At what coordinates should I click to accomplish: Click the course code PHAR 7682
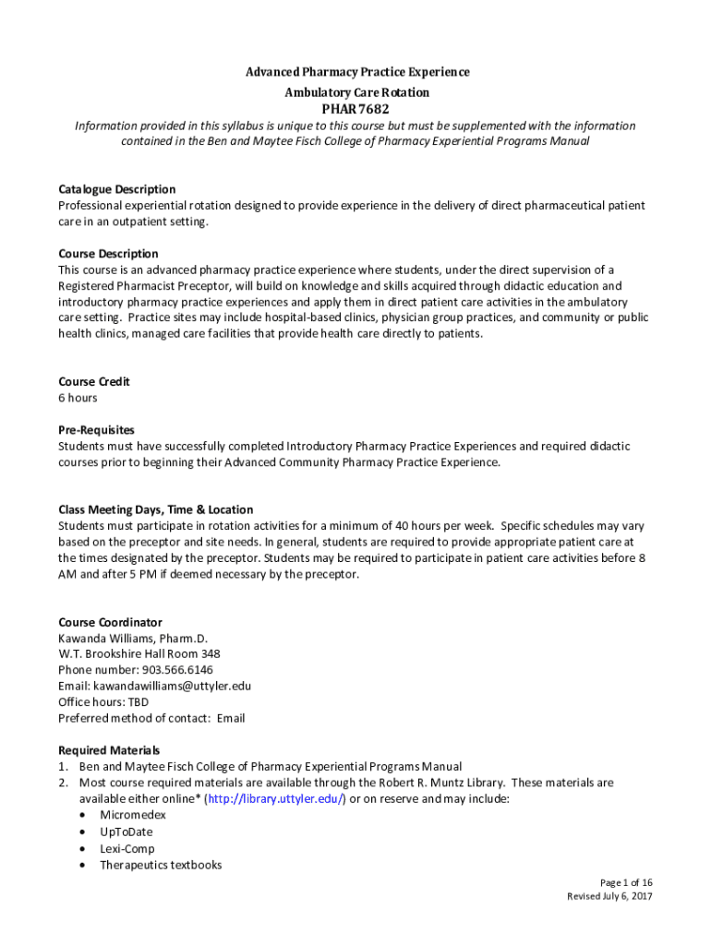pos(355,110)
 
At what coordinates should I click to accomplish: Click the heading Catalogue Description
pos(116,189)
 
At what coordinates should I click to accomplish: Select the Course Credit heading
pos(94,381)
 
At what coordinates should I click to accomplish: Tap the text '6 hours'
pos(78,398)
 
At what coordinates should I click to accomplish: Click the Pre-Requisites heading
pos(96,429)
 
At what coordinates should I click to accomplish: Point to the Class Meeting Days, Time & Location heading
pos(155,509)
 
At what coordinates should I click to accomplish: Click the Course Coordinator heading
pos(110,622)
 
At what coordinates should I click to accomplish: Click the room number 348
pos(211,654)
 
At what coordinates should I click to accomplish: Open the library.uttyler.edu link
pos(276,798)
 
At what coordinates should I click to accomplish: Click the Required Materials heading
pos(109,749)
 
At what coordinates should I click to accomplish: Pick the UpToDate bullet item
pos(127,831)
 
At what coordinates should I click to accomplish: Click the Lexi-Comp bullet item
pos(127,848)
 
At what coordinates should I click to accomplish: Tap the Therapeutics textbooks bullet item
pos(161,865)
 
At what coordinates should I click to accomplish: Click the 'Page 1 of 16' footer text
pos(626,881)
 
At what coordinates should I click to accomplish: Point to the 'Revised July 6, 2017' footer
pos(609,897)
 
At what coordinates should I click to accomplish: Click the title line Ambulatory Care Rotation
pos(355,92)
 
